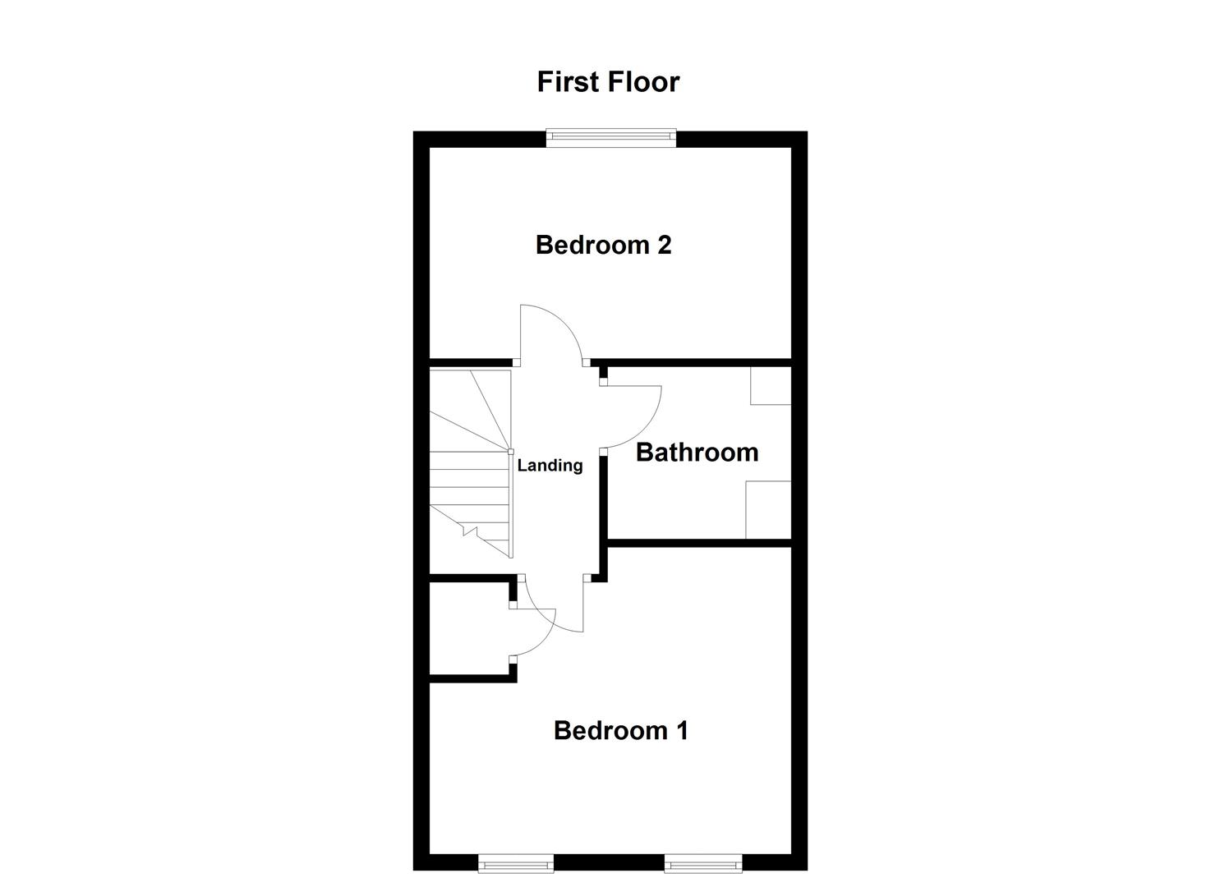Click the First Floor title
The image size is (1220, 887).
coord(608,82)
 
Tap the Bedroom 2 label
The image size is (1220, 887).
coord(603,245)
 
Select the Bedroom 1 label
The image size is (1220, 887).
coord(620,730)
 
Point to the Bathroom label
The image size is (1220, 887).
coord(697,453)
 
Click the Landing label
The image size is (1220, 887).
coord(550,466)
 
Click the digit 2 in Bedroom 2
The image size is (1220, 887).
coord(664,245)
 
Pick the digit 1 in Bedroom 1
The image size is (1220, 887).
coord(681,730)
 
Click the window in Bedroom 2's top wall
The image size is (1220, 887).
coord(611,138)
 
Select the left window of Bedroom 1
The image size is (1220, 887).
coord(516,862)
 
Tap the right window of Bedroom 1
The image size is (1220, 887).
coord(703,862)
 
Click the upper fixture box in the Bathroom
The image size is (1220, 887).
coord(771,385)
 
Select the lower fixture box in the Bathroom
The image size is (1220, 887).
coord(768,510)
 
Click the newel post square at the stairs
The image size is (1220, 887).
coord(511,451)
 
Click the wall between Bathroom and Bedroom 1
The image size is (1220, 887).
coord(698,542)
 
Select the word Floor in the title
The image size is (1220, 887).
coord(644,82)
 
